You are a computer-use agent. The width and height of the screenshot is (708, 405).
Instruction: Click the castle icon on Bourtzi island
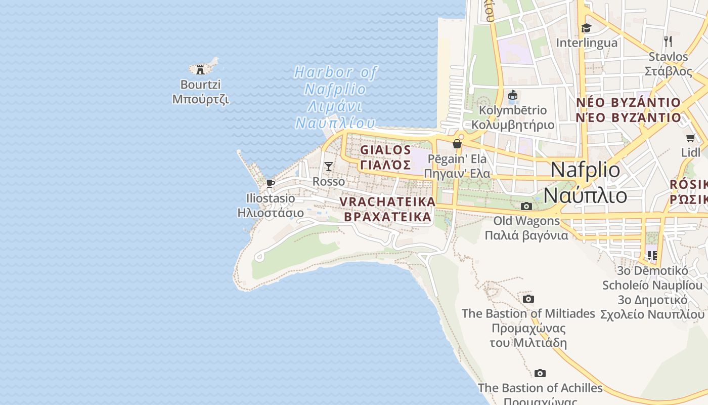(x=200, y=69)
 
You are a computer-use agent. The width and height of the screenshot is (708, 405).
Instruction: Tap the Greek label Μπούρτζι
(x=201, y=99)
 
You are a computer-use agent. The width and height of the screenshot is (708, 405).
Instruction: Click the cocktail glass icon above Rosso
(x=329, y=166)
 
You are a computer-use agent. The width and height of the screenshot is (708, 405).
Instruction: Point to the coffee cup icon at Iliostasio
(x=271, y=183)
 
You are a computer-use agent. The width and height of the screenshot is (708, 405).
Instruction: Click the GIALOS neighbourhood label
(x=385, y=150)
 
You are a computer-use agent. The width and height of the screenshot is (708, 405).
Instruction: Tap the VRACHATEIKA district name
(x=387, y=201)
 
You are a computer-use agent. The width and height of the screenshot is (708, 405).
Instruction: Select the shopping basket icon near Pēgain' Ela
(x=457, y=144)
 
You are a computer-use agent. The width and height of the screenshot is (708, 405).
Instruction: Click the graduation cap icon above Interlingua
(x=586, y=28)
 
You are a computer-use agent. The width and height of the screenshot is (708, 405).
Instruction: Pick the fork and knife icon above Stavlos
(x=668, y=41)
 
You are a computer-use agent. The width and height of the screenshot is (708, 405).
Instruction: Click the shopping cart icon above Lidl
(x=690, y=138)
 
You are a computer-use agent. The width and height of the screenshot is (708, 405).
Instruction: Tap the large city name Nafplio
(x=585, y=170)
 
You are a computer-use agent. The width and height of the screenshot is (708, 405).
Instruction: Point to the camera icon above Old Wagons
(x=526, y=206)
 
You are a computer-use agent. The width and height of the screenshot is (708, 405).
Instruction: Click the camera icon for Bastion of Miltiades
(x=528, y=299)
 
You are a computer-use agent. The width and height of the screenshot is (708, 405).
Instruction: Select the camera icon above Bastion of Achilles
(x=540, y=373)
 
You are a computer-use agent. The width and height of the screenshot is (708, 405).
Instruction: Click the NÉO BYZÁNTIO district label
(x=629, y=103)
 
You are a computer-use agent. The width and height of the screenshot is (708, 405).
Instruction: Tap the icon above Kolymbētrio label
(x=513, y=95)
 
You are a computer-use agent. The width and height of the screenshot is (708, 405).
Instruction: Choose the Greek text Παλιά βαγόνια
(x=526, y=235)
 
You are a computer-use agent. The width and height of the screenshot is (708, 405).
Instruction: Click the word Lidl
(x=690, y=152)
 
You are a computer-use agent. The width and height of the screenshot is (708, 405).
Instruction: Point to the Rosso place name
(x=329, y=181)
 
